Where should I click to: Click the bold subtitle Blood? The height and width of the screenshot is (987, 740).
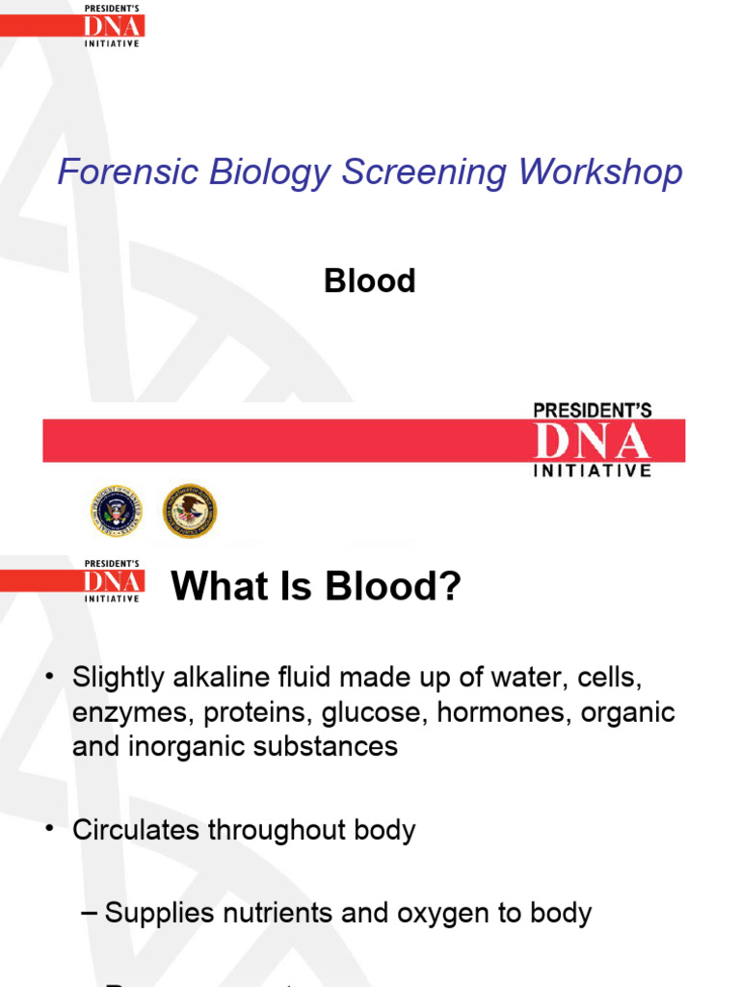point(370,281)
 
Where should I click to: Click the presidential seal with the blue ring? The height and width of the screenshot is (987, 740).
point(115,511)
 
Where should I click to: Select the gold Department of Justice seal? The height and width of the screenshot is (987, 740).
point(189,511)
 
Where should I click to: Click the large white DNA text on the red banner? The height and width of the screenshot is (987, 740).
point(592,442)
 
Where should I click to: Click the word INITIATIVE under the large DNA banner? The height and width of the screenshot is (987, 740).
point(592,471)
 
